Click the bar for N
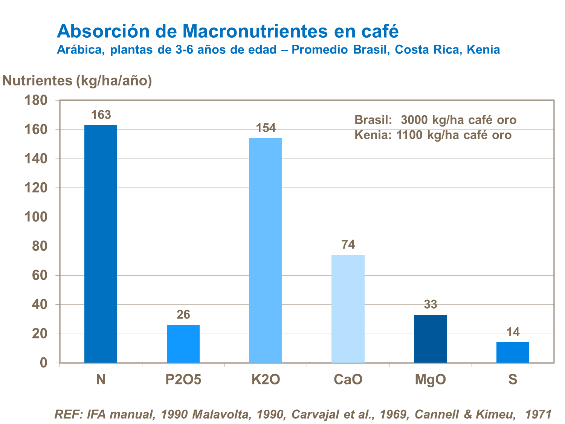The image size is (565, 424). point(101,244)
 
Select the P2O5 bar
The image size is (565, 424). point(183,344)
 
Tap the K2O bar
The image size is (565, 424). point(266,250)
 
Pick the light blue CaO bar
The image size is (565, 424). point(348,309)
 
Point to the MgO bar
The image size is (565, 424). point(430,339)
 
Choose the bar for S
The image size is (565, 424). point(513,352)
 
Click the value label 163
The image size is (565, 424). point(101,115)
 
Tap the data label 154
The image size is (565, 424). point(266,128)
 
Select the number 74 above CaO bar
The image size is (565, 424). point(348,245)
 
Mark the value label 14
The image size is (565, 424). point(513,332)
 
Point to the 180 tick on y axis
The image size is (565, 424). point(36,100)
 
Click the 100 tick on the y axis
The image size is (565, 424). point(36,217)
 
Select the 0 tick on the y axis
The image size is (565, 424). point(44,363)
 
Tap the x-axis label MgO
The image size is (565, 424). point(430,380)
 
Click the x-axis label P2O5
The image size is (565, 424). point(183,380)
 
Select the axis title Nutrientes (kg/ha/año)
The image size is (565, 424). point(77,81)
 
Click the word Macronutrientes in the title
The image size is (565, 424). point(255,31)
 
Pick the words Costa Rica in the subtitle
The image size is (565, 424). point(429,50)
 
